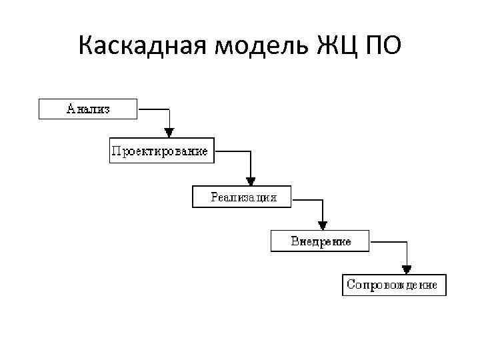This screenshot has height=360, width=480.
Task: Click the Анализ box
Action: (88, 109)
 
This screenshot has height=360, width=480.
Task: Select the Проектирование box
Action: (159, 151)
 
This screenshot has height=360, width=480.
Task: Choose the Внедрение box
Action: (320, 241)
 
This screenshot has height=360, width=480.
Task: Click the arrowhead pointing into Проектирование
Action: (170, 131)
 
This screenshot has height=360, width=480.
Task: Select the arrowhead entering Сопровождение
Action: (407, 267)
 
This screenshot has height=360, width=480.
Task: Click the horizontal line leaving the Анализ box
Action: (153, 109)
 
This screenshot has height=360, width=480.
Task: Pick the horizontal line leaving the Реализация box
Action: (308, 198)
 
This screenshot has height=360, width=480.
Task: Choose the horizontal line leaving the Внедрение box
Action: (388, 241)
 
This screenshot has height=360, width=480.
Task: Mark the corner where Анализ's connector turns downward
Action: (170, 109)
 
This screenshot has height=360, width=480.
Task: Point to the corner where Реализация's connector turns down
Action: (323, 198)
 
